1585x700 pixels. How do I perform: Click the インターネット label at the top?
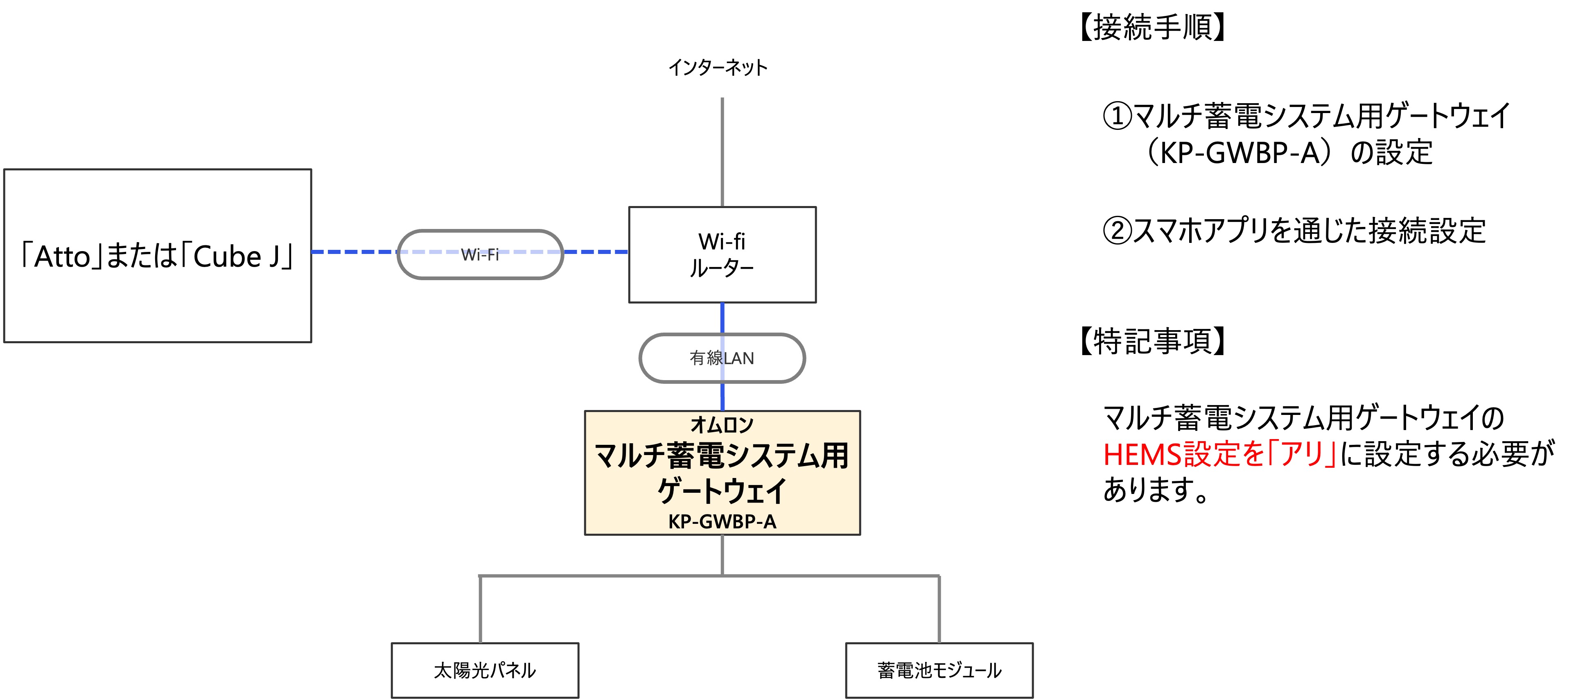718,67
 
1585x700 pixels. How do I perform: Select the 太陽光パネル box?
485,670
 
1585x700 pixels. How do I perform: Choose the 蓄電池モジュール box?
939,670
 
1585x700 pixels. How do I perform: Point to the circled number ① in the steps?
1117,116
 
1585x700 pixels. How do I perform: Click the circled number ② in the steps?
1117,231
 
